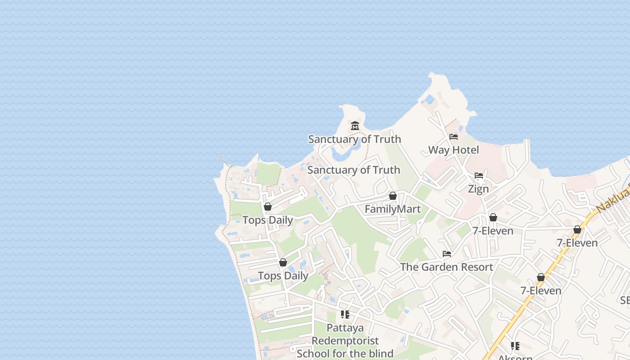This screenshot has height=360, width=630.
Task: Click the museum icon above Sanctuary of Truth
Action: (355, 126)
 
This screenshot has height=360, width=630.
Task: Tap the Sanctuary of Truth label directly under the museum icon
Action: (354, 139)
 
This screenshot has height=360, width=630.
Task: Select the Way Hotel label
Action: (453, 150)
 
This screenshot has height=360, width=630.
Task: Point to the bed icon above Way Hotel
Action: (454, 136)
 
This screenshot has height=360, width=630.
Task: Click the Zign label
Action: (478, 189)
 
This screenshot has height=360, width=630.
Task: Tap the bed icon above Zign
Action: (479, 175)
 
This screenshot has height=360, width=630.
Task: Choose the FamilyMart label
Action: (392, 209)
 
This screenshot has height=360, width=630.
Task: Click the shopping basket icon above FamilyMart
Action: (393, 196)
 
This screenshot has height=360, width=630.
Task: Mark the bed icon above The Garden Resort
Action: (447, 254)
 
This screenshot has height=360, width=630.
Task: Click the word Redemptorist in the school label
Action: (345, 341)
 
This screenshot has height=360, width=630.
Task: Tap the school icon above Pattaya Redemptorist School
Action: (345, 314)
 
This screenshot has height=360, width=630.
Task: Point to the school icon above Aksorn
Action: (515, 346)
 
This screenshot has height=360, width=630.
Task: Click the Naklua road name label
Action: (612, 201)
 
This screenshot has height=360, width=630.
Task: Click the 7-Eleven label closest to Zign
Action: (493, 231)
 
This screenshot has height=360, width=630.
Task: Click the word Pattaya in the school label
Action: (345, 328)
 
